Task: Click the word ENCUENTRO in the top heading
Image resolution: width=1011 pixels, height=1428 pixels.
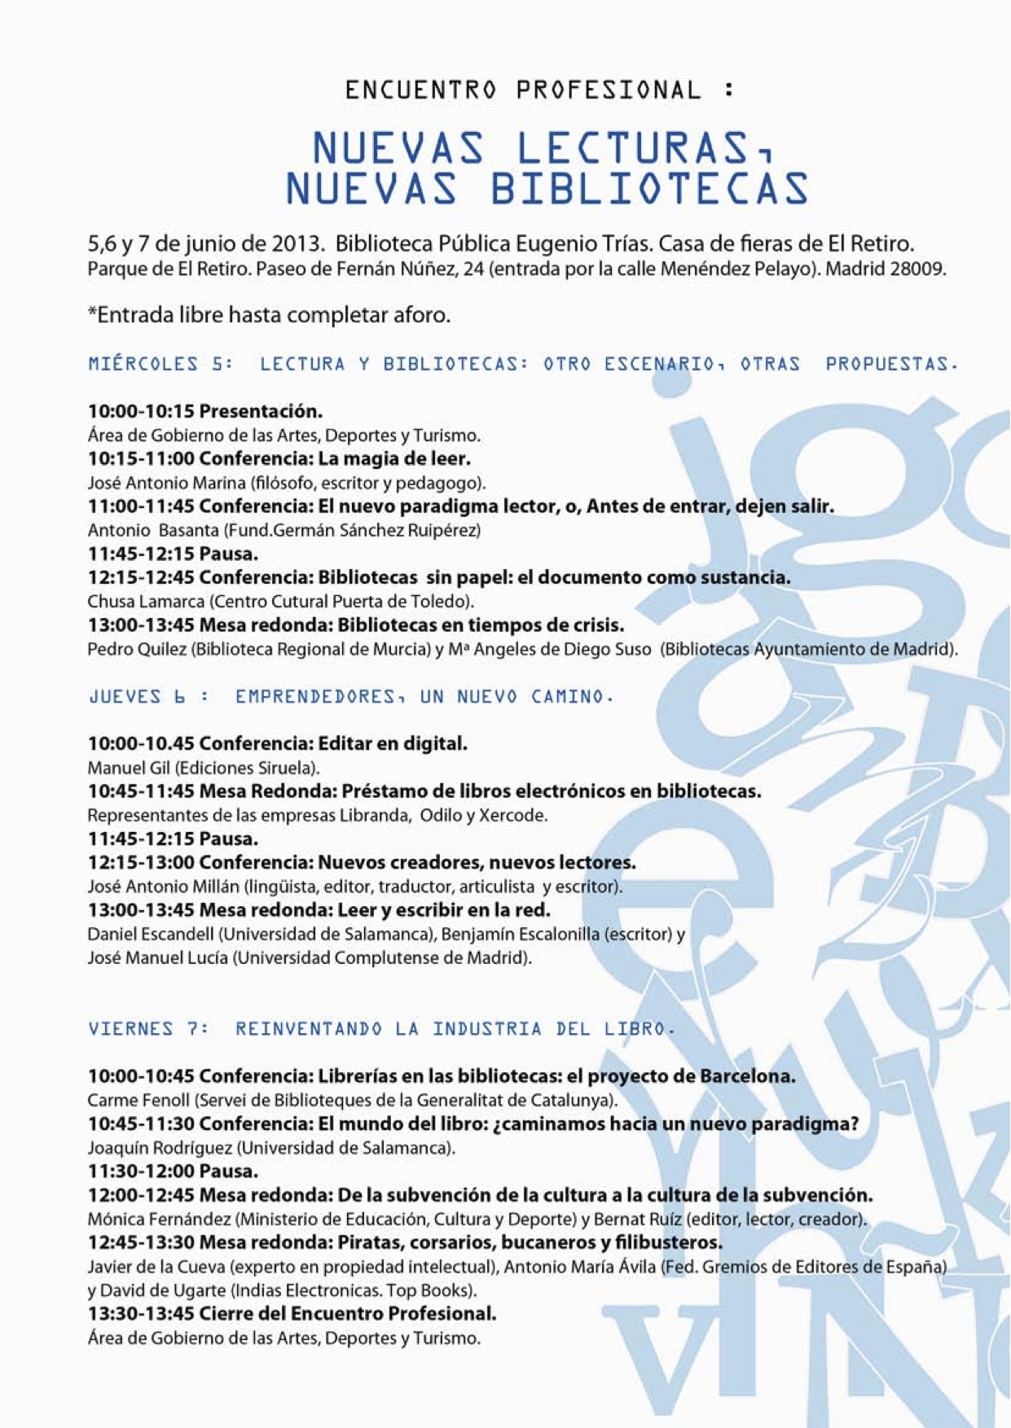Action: click(420, 90)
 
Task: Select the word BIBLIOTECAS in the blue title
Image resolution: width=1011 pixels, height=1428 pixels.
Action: click(648, 188)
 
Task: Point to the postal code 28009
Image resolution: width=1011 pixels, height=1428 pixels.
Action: click(916, 269)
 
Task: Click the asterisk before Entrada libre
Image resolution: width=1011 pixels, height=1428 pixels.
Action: click(91, 313)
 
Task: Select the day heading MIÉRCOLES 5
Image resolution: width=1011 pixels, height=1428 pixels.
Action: click(160, 364)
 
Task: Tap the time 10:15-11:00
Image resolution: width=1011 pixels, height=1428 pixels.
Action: click(141, 458)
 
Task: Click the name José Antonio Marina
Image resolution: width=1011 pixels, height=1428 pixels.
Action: click(165, 483)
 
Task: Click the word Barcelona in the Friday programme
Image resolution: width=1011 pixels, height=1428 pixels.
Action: click(746, 1076)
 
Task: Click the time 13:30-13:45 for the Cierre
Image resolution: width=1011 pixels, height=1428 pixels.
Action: click(141, 1313)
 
